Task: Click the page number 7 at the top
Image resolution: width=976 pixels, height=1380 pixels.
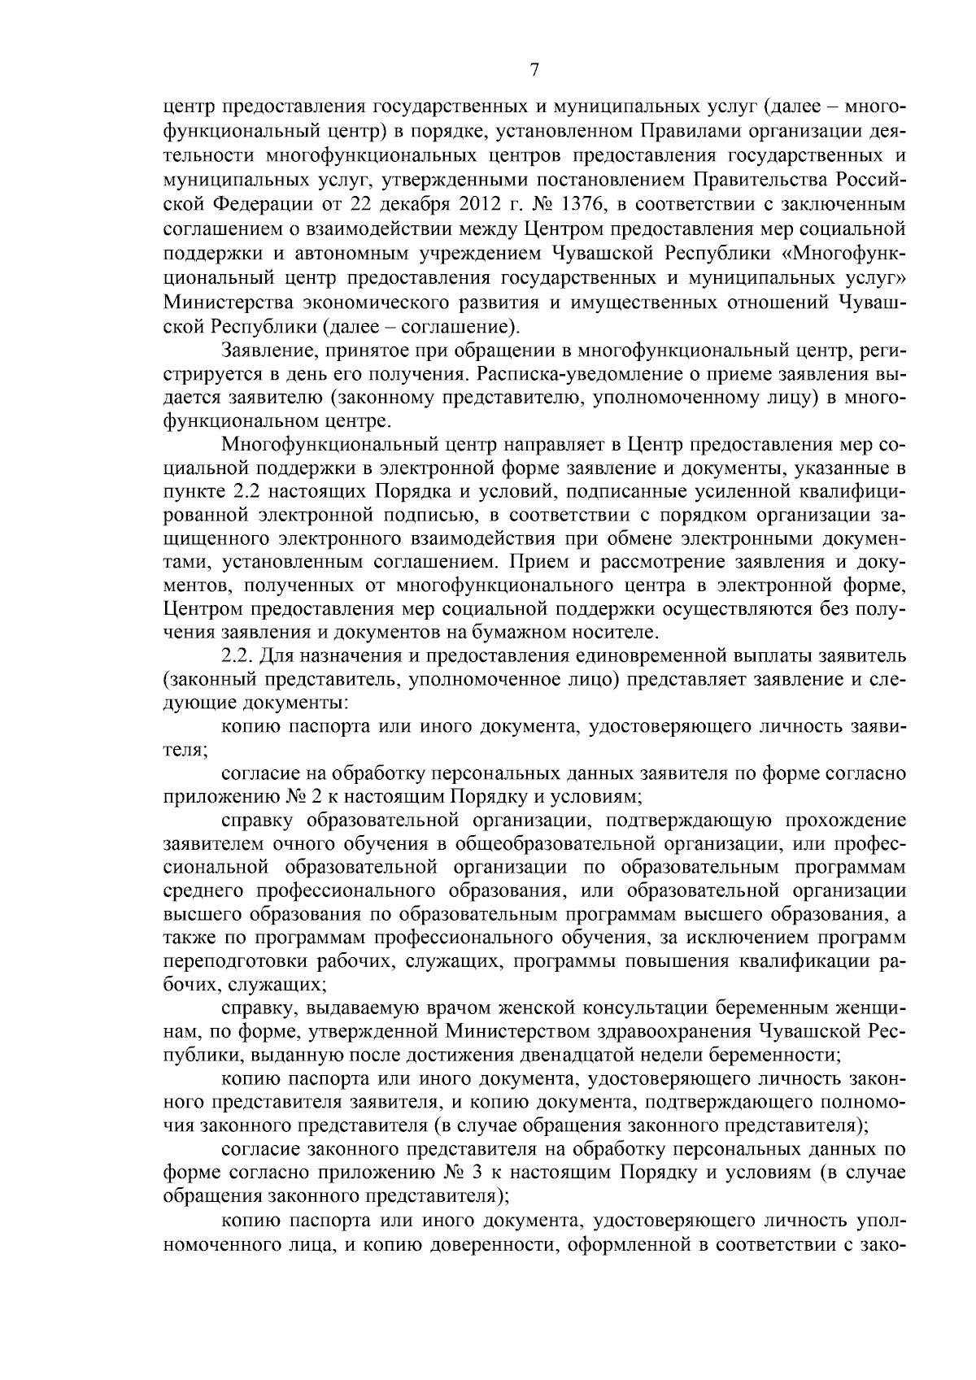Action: point(534,71)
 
